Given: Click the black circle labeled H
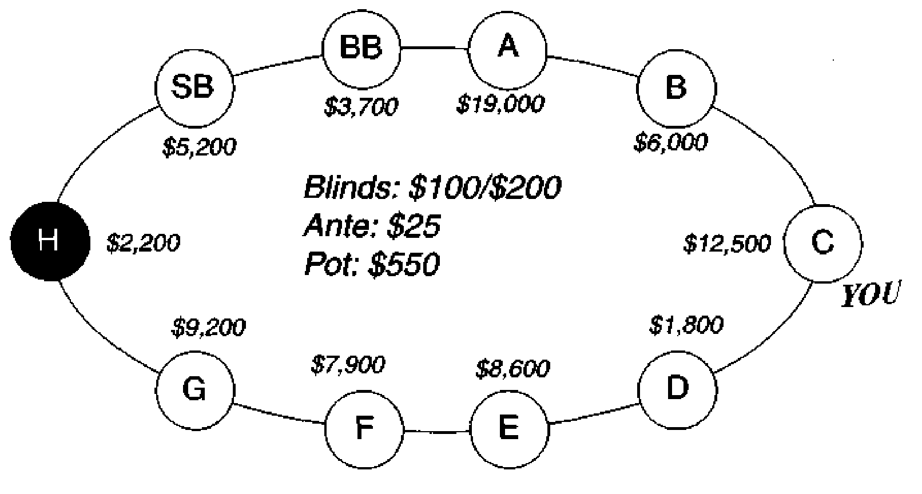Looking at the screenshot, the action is point(50,242).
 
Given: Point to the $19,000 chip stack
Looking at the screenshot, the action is point(500,103).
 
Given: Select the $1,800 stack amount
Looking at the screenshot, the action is point(686,325).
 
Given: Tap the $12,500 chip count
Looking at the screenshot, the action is point(727,243).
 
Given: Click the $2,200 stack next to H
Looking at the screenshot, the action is point(143,242).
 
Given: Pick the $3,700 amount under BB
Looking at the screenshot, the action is point(361,106).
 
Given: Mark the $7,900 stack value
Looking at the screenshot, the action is point(348,364).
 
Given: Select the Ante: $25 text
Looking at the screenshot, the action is point(372,225).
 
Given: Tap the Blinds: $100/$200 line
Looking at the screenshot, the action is point(432,188).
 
